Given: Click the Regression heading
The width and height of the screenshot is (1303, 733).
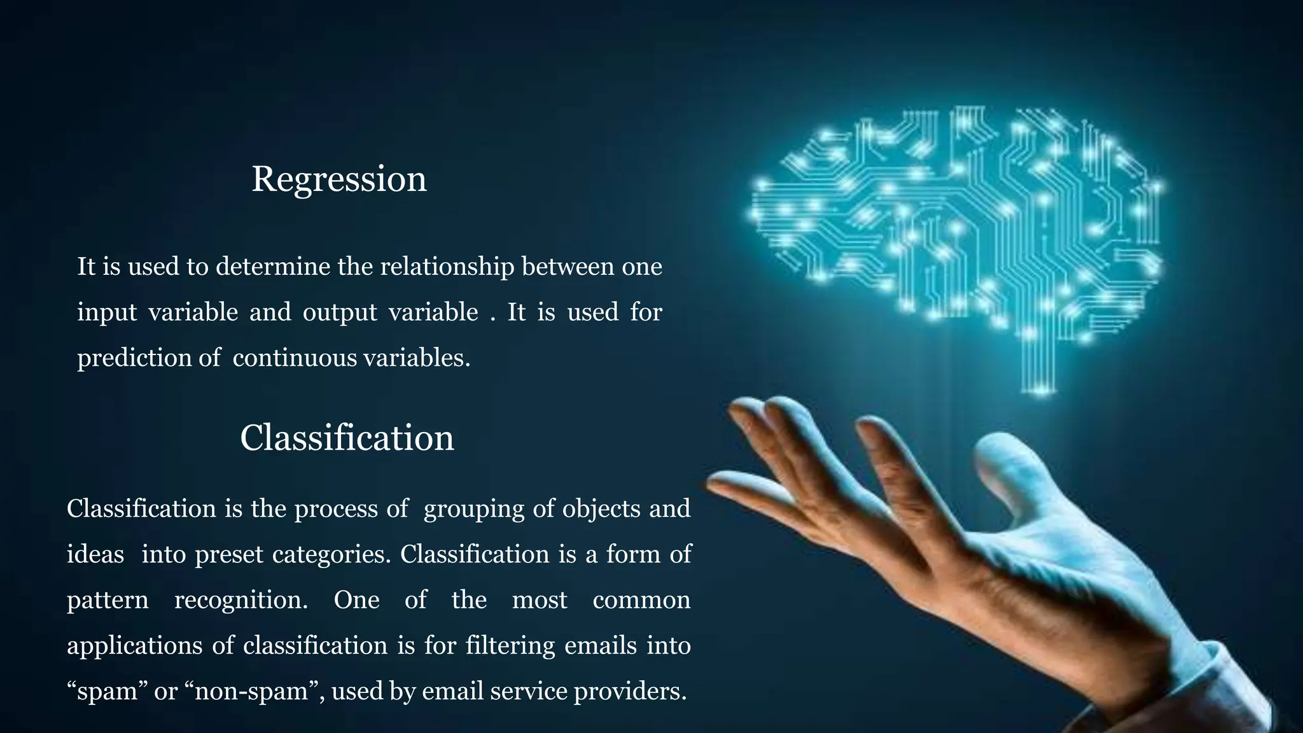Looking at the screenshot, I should click(339, 179).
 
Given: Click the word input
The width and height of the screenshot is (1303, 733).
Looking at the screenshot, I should click(107, 312).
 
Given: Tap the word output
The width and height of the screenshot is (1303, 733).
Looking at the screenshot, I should click(340, 312).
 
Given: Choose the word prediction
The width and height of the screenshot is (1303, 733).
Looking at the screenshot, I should click(134, 358).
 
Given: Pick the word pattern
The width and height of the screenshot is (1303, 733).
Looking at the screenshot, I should click(108, 601).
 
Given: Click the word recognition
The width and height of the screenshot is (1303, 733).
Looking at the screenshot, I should click(241, 601).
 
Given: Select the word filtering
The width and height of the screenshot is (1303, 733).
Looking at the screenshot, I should click(510, 646).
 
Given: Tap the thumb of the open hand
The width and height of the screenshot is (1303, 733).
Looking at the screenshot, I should click(1012, 471).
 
